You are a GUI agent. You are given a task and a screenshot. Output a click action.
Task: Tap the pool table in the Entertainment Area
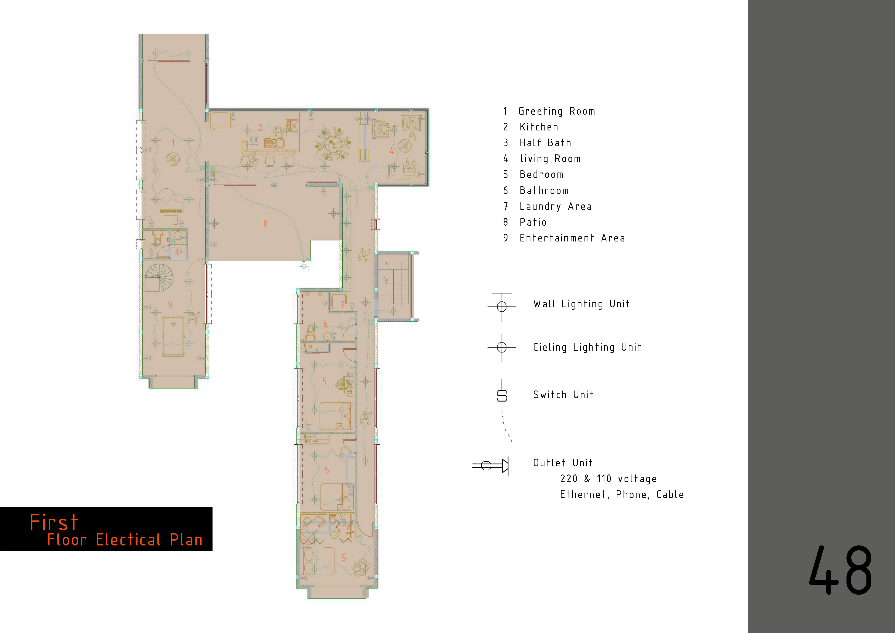point(173,336)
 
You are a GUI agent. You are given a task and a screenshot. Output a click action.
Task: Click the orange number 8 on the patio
point(265,224)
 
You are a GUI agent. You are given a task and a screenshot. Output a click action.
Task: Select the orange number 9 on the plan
point(170,305)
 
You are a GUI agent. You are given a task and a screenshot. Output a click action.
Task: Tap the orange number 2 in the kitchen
point(260,128)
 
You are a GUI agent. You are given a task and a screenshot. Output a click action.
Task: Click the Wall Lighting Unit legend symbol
point(502,307)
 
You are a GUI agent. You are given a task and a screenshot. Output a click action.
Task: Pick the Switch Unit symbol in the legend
point(502,396)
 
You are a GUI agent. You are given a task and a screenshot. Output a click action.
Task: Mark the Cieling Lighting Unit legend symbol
point(502,347)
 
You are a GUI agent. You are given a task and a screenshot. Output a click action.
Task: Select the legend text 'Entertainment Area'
point(572,238)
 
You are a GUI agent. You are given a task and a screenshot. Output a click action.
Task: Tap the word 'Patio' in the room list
point(533,222)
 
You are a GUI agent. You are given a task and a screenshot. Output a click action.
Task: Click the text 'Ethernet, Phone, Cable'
point(622,495)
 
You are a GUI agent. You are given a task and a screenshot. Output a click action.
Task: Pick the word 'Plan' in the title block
point(186,540)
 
